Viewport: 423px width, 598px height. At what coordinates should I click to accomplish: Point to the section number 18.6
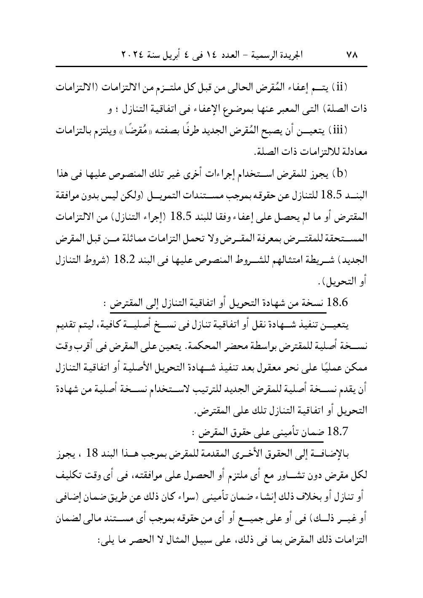(336, 302)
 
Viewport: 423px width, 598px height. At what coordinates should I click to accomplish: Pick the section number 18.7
(336, 431)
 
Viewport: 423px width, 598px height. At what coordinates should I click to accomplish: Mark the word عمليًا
(336, 368)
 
